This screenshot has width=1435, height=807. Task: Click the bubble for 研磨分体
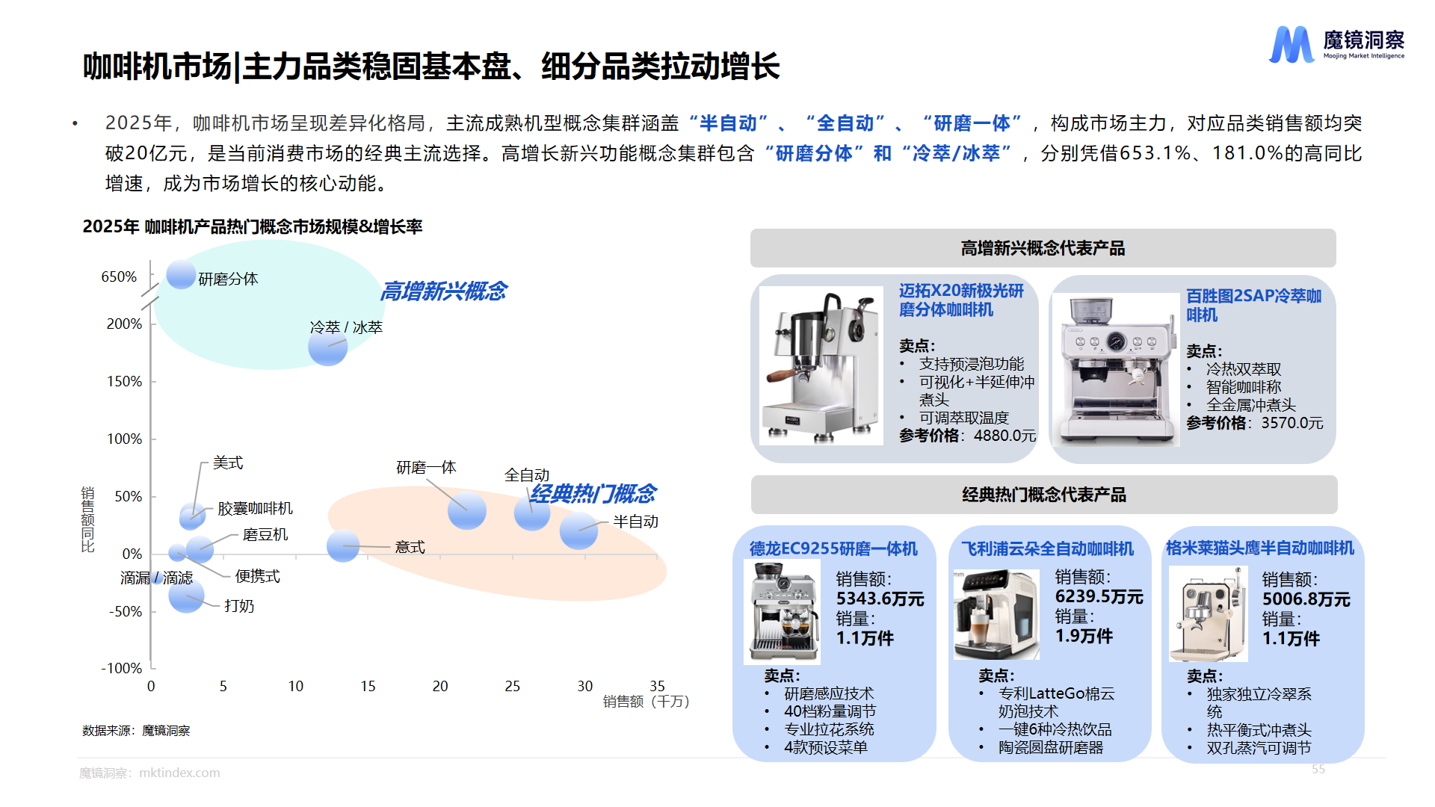[x=181, y=274]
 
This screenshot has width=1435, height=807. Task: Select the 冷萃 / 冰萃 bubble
[x=327, y=346]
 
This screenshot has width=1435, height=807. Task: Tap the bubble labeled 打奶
[x=186, y=595]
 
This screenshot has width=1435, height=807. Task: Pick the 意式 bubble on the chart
[x=343, y=546]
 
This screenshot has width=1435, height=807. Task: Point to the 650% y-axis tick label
[x=119, y=276]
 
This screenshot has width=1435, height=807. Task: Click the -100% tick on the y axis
[x=122, y=668]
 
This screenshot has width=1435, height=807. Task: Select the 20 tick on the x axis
[x=440, y=686]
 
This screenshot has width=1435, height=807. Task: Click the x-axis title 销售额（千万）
[x=646, y=702]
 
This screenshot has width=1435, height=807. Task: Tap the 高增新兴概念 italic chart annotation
[x=444, y=291]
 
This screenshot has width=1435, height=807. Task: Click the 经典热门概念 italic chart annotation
[x=593, y=493]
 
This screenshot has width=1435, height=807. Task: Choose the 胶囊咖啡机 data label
[x=255, y=508]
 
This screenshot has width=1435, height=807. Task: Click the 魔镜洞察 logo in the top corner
[x=1336, y=45]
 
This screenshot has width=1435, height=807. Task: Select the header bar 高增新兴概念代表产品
[x=1043, y=248]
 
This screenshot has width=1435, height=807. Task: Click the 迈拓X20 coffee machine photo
[x=821, y=366]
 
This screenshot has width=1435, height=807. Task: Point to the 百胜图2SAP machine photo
[x=1115, y=370]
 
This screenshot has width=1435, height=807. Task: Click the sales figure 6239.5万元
[x=1099, y=596]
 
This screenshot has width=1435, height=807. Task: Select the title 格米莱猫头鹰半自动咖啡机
[x=1259, y=548]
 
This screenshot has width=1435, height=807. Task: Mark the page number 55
[x=1318, y=769]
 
